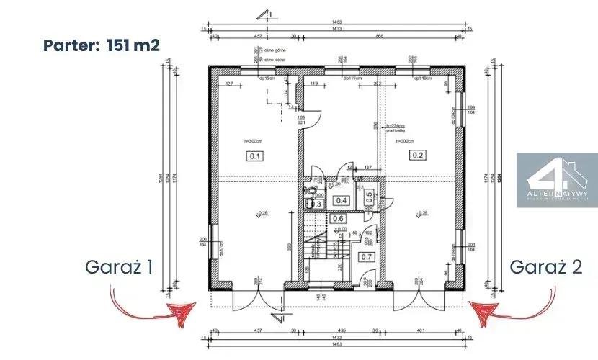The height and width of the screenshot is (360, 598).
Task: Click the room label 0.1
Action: tap(254, 155)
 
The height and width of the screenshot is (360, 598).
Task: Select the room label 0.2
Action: tap(419, 155)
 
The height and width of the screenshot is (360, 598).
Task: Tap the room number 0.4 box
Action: tap(342, 201)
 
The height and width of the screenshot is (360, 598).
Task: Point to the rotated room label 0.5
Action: tap(368, 195)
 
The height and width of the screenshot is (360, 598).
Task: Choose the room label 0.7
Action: tap(366, 256)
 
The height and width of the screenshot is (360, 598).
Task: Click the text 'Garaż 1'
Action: tap(119, 266)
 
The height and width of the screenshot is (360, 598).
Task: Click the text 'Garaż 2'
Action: tap(546, 266)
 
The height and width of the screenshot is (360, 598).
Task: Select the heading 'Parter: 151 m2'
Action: tap(101, 45)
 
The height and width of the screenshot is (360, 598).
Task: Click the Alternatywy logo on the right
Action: tap(557, 180)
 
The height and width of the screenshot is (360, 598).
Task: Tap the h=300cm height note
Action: tap(251, 140)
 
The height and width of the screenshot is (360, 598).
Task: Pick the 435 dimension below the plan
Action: tap(342, 330)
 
